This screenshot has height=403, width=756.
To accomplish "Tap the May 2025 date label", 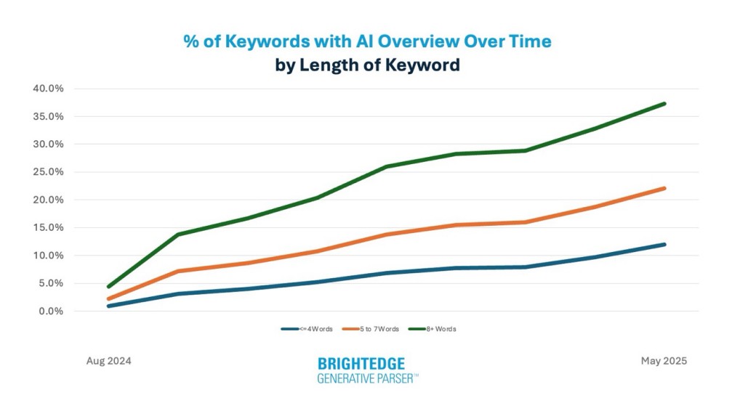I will coord(664,360).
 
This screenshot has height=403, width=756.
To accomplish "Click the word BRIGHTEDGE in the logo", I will coord(361,363).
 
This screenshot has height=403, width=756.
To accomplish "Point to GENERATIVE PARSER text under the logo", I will coord(367,378).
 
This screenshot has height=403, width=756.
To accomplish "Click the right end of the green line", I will coord(664,104).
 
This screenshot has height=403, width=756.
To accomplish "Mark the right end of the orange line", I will coord(664,188).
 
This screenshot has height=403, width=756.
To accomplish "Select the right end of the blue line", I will coord(664,244).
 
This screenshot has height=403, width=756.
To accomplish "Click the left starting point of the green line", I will coord(108,287).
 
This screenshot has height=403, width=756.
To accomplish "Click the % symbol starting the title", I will coord(191,41).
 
